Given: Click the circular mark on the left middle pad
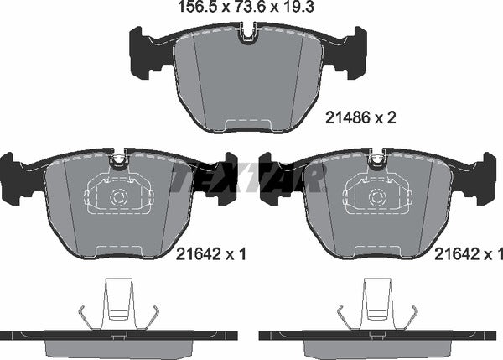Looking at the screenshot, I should [117, 200].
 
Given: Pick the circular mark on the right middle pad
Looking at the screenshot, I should [375, 200].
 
